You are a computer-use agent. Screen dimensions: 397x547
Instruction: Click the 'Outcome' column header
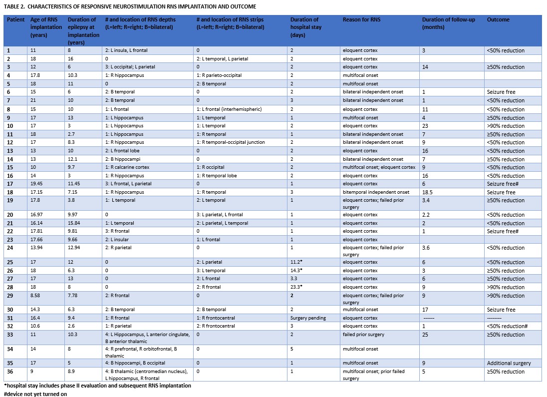click(498, 19)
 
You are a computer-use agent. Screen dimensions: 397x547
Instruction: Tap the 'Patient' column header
click(15, 19)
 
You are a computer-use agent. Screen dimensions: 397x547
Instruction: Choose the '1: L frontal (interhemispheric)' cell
click(229, 109)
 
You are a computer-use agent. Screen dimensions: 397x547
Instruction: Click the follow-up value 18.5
click(428, 192)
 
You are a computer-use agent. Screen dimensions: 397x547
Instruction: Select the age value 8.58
click(36, 296)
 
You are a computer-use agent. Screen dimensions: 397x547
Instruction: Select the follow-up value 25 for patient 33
click(426, 335)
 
